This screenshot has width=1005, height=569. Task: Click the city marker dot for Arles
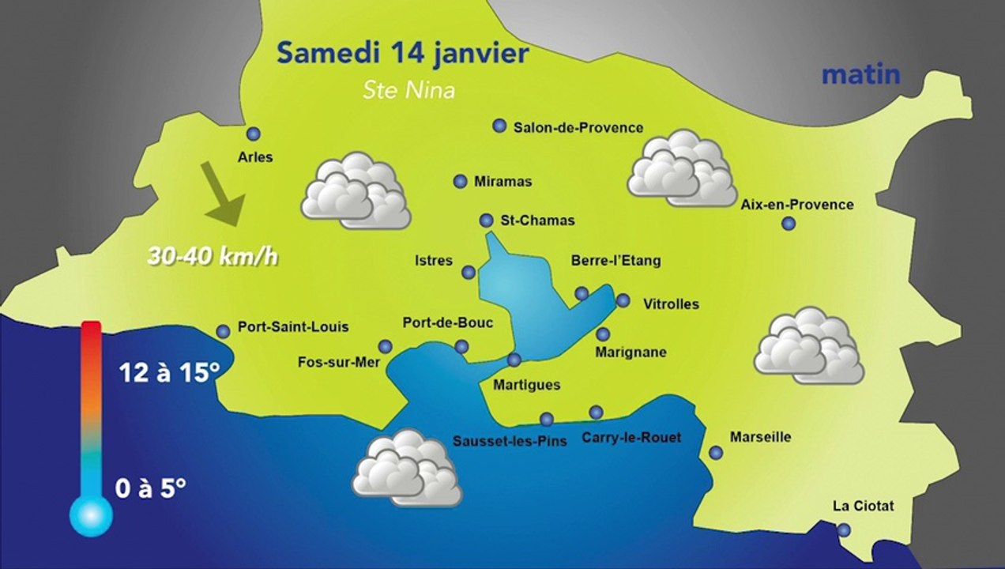click(x=254, y=134)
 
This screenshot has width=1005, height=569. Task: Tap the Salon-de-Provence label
click(x=578, y=127)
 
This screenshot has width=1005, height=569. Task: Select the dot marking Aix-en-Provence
click(x=788, y=224)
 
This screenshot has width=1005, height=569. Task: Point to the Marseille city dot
click(x=716, y=453)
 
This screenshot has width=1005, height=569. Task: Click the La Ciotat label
click(x=864, y=506)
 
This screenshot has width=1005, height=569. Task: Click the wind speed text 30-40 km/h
click(x=213, y=256)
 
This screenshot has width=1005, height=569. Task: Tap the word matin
click(x=861, y=74)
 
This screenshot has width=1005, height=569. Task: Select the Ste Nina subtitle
click(x=408, y=90)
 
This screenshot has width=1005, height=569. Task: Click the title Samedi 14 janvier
click(x=402, y=54)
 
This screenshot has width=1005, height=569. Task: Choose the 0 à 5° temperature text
click(x=150, y=488)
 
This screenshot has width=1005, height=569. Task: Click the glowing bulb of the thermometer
click(x=91, y=515)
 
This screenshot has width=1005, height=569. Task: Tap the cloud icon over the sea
click(x=407, y=468)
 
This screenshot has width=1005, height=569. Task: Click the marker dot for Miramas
click(x=460, y=182)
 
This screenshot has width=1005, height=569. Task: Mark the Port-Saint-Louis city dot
click(x=224, y=331)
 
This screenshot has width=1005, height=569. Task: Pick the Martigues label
click(x=526, y=385)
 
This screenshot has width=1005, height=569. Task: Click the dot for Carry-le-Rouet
click(x=596, y=412)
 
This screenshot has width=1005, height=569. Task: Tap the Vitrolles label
click(x=671, y=303)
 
